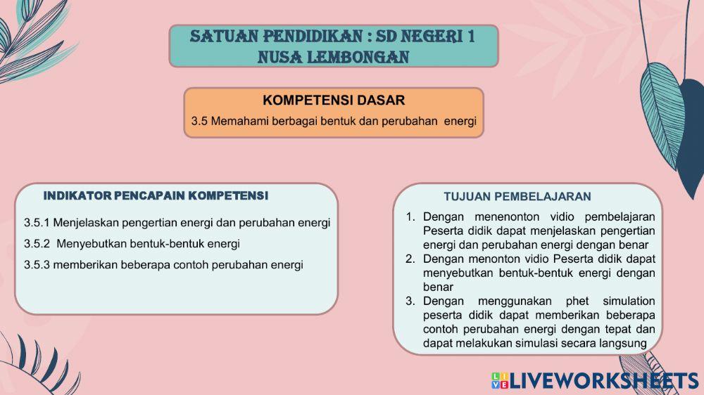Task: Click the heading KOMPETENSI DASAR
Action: pos(334,101)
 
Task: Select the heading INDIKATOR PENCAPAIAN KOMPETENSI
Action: pos(156,195)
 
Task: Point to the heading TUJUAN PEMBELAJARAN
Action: pos(517,197)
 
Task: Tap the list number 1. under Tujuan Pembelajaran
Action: pos(410,216)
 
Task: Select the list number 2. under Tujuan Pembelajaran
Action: pos(410,259)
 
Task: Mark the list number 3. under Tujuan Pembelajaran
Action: pos(410,301)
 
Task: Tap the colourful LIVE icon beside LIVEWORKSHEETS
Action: pos(499,381)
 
